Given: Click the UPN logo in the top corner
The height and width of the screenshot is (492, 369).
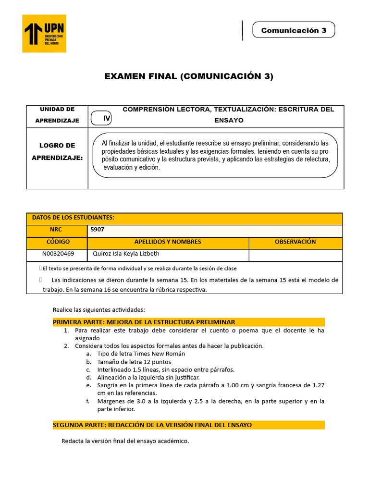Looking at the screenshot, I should (x=45, y=33).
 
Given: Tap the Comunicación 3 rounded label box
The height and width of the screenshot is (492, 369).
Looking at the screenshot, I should (x=293, y=30).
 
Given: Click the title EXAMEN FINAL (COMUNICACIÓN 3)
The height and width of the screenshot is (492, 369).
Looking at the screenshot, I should (x=189, y=76).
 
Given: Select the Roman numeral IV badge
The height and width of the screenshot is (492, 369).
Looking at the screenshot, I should (x=107, y=118).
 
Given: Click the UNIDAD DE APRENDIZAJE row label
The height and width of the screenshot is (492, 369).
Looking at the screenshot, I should (x=57, y=115).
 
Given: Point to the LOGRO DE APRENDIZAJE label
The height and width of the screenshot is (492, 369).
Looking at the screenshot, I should (x=57, y=151).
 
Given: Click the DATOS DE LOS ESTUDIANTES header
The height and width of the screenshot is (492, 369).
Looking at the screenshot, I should (x=73, y=218).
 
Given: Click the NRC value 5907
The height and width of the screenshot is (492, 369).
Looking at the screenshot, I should (x=98, y=230).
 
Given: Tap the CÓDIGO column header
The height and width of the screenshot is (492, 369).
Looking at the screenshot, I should (x=58, y=242).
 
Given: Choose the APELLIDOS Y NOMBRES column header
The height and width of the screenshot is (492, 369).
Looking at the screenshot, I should (x=168, y=242).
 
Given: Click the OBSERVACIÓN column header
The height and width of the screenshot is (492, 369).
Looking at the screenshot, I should (x=295, y=242).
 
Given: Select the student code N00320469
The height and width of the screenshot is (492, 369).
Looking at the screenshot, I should (x=58, y=254).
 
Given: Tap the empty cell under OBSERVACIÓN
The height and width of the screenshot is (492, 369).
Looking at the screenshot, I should (x=295, y=255).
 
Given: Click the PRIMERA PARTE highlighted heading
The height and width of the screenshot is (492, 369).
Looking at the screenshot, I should (x=144, y=322).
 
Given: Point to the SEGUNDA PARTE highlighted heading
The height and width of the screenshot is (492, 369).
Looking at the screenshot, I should (x=152, y=425).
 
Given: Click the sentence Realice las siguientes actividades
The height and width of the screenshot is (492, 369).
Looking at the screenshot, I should (x=98, y=309).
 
